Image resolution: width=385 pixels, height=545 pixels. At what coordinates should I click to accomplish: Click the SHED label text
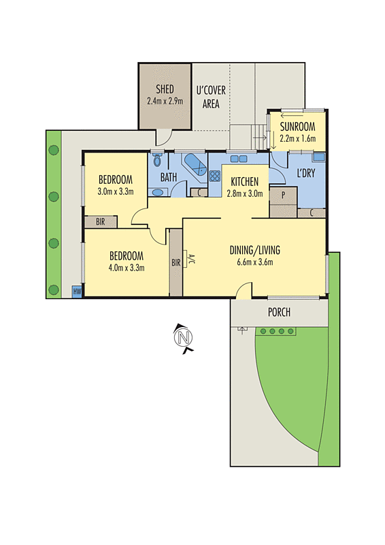point(165,89)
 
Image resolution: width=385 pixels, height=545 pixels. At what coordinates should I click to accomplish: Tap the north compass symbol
point(182,337)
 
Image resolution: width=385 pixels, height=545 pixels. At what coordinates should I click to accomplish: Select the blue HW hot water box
point(77,292)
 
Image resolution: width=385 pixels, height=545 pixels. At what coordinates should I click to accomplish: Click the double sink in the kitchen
point(239,159)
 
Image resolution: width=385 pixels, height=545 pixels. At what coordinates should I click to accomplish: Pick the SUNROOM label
point(298,126)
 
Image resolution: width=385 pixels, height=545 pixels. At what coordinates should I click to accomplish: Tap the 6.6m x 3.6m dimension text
point(254,263)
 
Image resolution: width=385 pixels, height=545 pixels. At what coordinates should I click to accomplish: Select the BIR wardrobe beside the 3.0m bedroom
point(100,221)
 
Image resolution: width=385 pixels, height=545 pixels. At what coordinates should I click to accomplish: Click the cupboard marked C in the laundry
point(311,213)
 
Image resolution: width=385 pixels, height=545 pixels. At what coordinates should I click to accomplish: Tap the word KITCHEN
point(244,182)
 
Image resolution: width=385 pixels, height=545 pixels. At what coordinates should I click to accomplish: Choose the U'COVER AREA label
point(211,97)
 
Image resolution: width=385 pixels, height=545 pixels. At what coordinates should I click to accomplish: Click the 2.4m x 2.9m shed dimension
point(165,101)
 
